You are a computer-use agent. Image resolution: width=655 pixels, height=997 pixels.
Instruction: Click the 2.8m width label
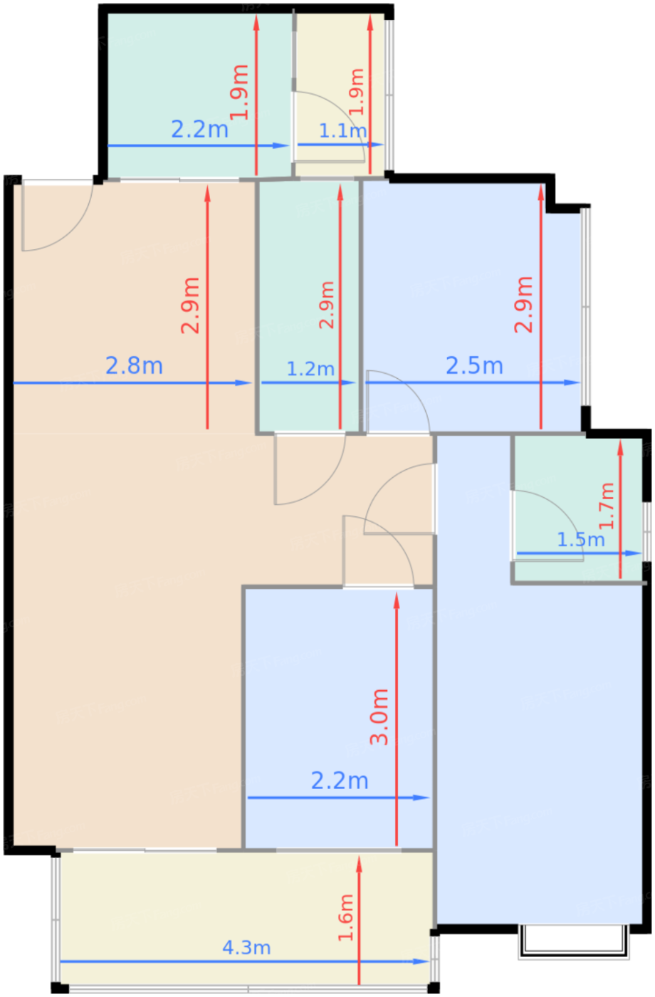click(x=134, y=366)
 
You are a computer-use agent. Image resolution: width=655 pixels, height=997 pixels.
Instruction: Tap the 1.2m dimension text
click(x=310, y=369)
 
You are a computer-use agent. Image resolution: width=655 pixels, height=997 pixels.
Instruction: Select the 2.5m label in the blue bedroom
click(x=474, y=366)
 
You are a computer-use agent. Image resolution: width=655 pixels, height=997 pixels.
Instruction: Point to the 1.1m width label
click(x=342, y=131)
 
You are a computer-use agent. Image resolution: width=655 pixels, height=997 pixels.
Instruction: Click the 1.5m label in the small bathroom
click(x=581, y=540)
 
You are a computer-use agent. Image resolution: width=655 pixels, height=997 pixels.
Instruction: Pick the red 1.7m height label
click(x=607, y=506)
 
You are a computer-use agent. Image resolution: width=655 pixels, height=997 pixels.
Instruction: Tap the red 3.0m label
click(x=379, y=716)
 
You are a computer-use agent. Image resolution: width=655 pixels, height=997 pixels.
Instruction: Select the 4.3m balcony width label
click(x=246, y=948)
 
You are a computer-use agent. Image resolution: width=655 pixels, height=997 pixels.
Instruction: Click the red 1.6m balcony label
click(x=346, y=917)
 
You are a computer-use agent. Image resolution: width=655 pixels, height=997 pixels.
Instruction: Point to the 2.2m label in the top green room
click(x=200, y=130)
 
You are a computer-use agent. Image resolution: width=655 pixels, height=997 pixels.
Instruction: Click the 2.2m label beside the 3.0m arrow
click(x=340, y=781)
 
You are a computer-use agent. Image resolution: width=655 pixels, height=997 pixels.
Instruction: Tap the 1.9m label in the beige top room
click(x=357, y=92)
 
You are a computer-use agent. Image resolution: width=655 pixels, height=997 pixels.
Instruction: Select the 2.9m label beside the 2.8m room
click(x=191, y=306)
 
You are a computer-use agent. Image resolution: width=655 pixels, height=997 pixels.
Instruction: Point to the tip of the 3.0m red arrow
click(x=397, y=593)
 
